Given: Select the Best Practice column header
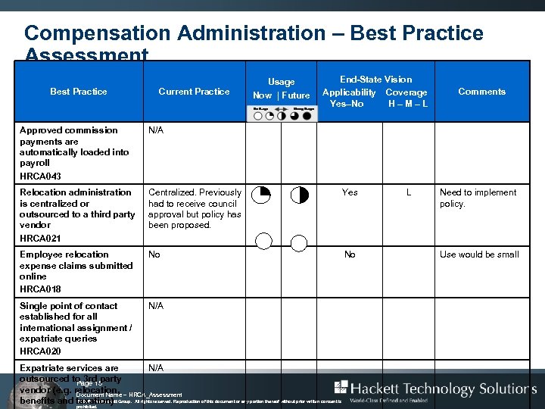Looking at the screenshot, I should [x=79, y=92].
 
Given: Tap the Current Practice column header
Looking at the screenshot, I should [x=194, y=92].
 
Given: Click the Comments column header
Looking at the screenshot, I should [x=481, y=92].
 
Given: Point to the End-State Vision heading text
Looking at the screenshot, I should [x=375, y=80].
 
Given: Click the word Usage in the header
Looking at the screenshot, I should [x=281, y=82].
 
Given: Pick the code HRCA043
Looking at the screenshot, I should [x=42, y=176].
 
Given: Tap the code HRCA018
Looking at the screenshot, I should [x=42, y=289].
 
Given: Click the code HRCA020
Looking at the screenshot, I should [x=42, y=351].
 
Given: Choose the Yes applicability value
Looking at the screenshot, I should [x=350, y=192].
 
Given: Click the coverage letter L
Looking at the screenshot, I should [x=409, y=192].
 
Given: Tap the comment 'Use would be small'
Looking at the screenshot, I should [x=479, y=254].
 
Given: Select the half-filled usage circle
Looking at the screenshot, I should [x=300, y=195].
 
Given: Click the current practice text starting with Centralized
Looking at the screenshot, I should [x=195, y=208].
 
